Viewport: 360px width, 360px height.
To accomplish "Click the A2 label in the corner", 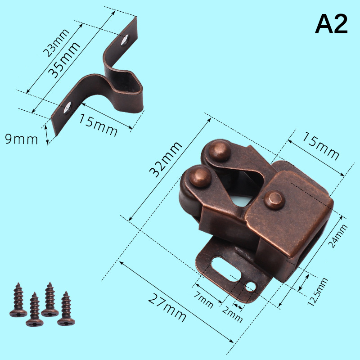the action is (x=331, y=24).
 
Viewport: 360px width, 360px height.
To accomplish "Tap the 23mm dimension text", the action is (x=56, y=43).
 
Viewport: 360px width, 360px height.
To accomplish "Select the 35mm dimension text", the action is (x=64, y=60).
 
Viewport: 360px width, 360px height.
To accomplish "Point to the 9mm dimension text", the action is (x=21, y=139).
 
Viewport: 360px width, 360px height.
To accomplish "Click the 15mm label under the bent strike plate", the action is (x=98, y=125).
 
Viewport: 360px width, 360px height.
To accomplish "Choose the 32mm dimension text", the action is (x=166, y=160).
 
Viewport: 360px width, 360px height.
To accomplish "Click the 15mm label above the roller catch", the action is (x=320, y=146).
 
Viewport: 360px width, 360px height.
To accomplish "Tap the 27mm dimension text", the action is (x=167, y=308).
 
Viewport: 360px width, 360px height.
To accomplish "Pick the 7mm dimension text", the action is (x=203, y=299).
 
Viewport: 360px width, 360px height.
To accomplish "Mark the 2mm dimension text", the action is (x=232, y=315).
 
